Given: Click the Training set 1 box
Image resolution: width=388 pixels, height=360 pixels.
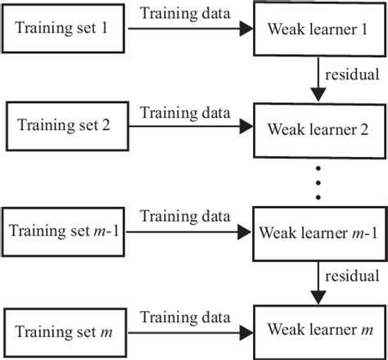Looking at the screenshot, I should coord(66,32).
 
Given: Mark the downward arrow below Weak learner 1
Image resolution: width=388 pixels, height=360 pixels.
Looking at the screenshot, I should coord(317,79).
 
